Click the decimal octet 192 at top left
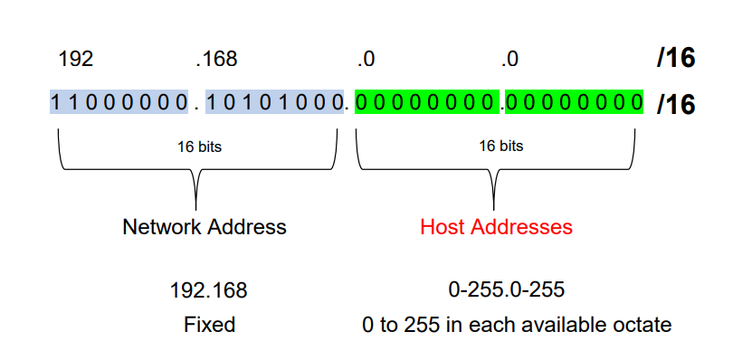76,61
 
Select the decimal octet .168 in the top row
216,61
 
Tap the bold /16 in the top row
676,60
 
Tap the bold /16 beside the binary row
676,104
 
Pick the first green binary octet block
426,102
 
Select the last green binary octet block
574,102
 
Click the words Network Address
205,226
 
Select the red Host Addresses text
496,226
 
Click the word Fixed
209,324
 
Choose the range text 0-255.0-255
507,291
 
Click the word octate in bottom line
642,324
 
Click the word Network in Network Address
159,226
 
